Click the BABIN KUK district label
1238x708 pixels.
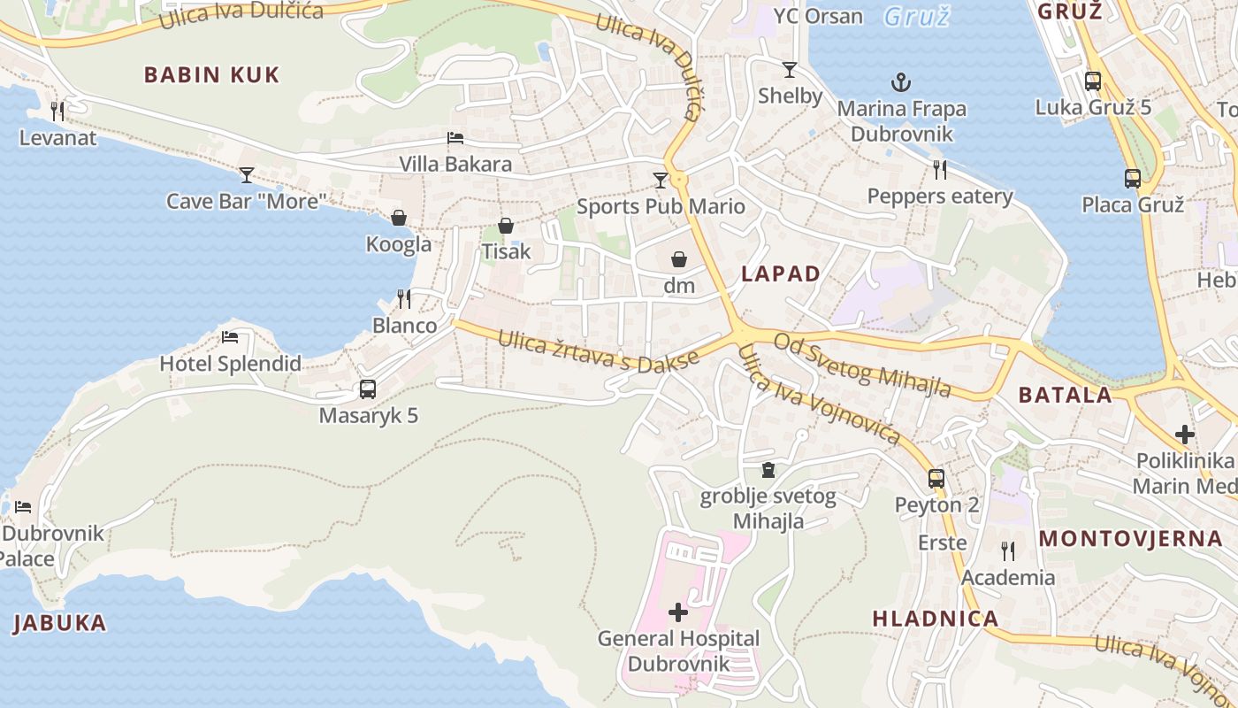pos(211,74)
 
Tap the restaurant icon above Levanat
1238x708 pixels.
pos(57,111)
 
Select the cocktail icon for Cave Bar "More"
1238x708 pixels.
pos(247,174)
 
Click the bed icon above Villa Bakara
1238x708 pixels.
pos(455,137)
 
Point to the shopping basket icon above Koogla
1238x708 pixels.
pos(399,218)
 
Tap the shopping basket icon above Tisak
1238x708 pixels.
pos(506,226)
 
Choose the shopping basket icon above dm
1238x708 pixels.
pos(679,259)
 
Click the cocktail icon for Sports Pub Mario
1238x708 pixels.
pos(660,181)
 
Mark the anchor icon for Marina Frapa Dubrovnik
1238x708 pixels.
pos(900,83)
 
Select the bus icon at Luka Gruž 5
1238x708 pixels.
pos(1093,81)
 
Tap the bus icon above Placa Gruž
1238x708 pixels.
pos(1133,178)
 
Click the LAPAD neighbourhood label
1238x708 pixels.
pos(781,273)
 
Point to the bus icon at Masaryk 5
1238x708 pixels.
pos(368,389)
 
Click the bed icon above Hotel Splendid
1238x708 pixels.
pos(230,337)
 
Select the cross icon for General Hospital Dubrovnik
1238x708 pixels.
pos(678,612)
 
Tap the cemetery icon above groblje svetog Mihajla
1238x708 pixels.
pos(768,470)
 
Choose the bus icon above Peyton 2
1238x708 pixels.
pos(936,479)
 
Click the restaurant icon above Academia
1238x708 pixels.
pos(1008,551)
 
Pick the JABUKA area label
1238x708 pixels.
pos(59,623)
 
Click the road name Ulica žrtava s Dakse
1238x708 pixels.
pos(599,351)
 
